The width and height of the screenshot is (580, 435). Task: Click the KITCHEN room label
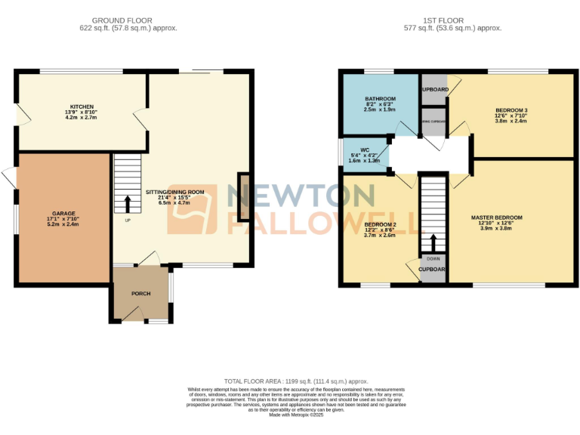click(82, 106)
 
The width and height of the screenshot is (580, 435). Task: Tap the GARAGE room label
click(62, 213)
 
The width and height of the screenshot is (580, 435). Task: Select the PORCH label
click(140, 294)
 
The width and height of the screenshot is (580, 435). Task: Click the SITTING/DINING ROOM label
click(175, 192)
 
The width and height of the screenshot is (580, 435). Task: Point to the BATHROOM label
click(380, 99)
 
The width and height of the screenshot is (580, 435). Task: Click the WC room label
click(365, 150)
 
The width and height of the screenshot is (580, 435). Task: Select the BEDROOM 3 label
click(512, 110)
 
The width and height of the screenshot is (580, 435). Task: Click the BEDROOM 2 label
click(381, 224)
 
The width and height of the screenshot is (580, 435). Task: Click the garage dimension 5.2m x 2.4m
click(62, 224)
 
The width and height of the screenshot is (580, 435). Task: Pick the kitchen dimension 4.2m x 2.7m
click(82, 118)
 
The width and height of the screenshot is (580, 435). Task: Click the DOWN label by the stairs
click(433, 259)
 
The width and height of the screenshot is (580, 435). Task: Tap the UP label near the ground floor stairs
click(128, 221)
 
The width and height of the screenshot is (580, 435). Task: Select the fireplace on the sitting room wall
click(243, 197)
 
